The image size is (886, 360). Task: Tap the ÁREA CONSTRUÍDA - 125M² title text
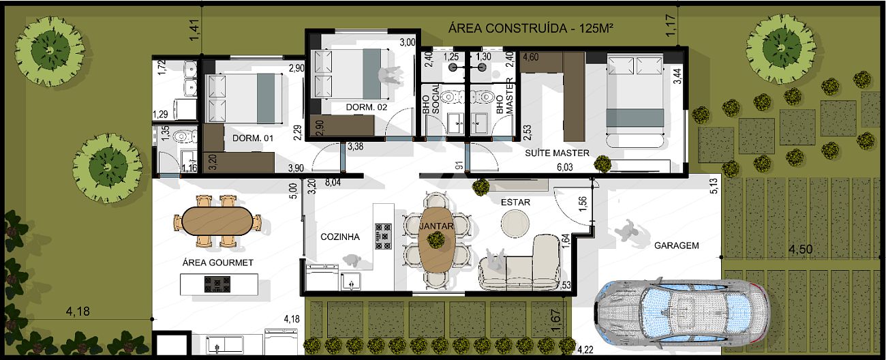[x=531, y=29]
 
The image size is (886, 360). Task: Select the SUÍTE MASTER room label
[x=557, y=153]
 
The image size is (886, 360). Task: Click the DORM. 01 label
[x=253, y=138]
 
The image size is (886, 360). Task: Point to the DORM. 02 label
[x=366, y=107]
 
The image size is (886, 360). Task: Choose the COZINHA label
[x=340, y=237]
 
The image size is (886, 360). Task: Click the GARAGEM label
[x=676, y=245]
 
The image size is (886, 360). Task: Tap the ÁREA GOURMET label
[x=217, y=262]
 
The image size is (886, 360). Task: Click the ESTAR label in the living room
[x=515, y=202]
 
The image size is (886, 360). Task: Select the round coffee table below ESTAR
[x=515, y=224]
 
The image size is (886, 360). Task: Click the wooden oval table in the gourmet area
[x=218, y=221]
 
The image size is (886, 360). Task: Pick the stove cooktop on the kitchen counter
[x=383, y=236]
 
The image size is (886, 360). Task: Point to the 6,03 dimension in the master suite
[x=564, y=167]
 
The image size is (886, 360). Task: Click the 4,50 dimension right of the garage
[x=801, y=250]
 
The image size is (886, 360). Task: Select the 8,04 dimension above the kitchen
[x=333, y=182]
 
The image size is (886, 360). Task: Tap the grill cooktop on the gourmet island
[x=217, y=284]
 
